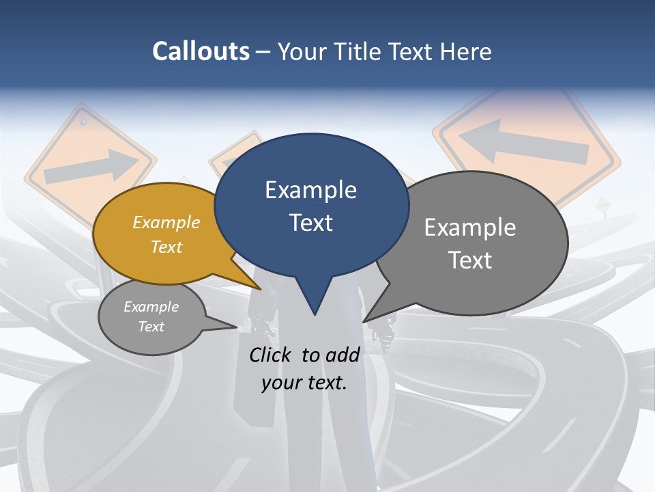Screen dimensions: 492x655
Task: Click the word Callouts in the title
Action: click(201, 51)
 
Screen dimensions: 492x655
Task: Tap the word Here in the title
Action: click(465, 51)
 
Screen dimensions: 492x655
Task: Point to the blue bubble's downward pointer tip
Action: click(315, 314)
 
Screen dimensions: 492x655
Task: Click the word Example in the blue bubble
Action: click(311, 190)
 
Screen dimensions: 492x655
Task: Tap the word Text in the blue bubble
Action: click(311, 223)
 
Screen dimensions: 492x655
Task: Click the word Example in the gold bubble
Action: click(166, 223)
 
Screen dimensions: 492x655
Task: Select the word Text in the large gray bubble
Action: click(470, 260)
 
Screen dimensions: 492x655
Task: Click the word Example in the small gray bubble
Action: click(151, 307)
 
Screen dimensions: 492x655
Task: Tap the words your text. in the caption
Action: click(304, 383)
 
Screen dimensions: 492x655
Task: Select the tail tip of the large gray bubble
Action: click(365, 320)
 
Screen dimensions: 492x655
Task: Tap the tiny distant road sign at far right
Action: click(603, 204)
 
